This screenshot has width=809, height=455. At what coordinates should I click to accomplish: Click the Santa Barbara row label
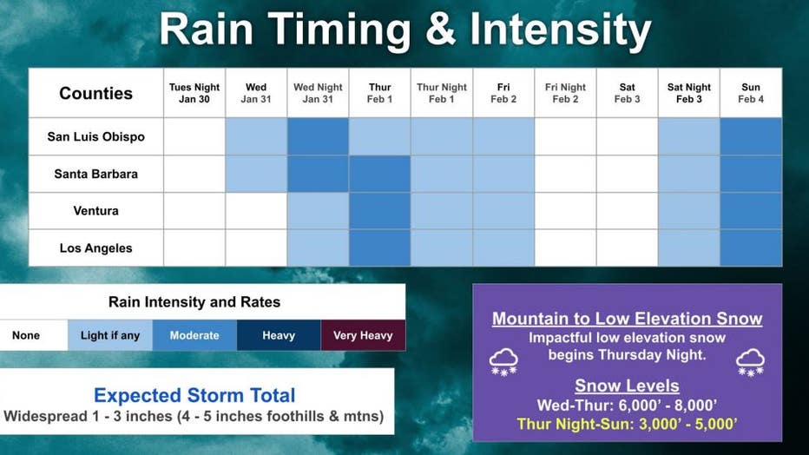pos(96,174)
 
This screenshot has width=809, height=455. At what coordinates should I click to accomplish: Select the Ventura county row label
pos(96,210)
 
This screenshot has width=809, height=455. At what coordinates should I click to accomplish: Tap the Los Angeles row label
pos(96,248)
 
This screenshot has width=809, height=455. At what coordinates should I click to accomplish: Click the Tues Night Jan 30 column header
pos(194,93)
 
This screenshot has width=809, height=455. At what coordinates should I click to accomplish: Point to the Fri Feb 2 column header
pos(503,93)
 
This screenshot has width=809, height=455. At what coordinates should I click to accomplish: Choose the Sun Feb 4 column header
pos(751,93)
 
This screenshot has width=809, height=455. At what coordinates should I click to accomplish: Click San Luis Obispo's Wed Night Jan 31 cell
pos(318,136)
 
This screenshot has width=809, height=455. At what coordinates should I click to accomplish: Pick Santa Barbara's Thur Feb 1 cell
pos(379,174)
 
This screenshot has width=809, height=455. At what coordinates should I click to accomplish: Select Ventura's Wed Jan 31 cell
pos(256,211)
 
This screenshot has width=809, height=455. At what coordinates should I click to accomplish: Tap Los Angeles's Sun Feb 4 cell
pos(751,248)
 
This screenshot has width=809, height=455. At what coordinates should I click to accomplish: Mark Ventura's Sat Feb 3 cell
pos(628,211)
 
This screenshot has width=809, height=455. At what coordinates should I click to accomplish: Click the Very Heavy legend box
pos(363,335)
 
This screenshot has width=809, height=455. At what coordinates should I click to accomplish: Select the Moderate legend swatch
pos(194,335)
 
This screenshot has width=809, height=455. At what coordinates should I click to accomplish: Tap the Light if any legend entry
pos(110,335)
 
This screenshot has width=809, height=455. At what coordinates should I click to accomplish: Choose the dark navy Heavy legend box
pos(279,335)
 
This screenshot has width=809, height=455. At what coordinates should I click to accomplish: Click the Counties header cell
pos(96,93)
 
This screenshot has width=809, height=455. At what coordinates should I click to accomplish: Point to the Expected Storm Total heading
pos(194,395)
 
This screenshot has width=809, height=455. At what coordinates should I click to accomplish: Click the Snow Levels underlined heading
pos(627,386)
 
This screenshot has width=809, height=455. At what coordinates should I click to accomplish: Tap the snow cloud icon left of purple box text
pos(503,362)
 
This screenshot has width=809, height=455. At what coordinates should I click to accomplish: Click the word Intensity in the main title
pos(561,30)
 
